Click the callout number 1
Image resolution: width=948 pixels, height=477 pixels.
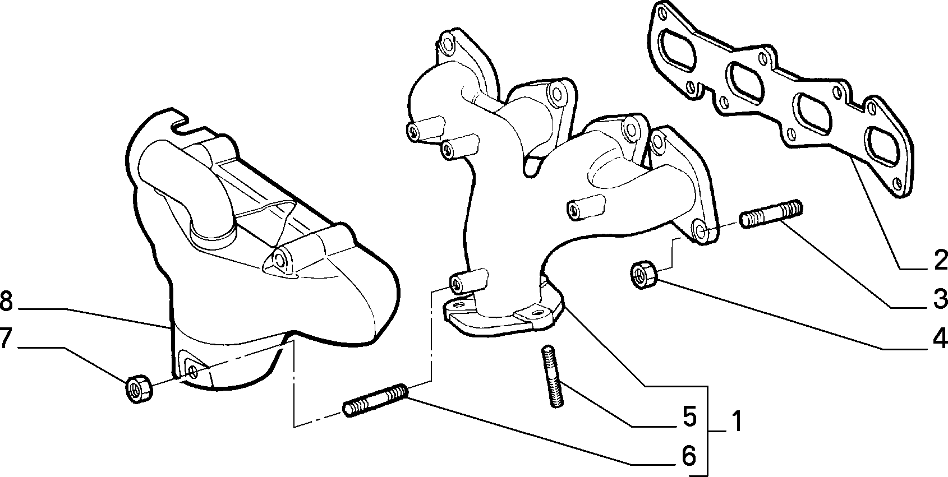click(x=737, y=421)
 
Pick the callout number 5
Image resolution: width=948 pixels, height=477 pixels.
click(x=689, y=416)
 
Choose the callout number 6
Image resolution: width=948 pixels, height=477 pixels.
click(x=689, y=456)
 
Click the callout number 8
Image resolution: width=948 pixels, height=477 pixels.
click(x=6, y=302)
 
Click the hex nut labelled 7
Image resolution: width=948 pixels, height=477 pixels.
click(x=139, y=388)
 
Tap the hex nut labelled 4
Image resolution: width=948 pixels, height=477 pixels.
click(x=643, y=275)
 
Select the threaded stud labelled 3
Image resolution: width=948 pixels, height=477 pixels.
click(x=771, y=214)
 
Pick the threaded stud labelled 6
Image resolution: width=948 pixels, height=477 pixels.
click(x=375, y=400)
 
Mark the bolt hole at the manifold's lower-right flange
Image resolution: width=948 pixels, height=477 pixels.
click(x=700, y=230)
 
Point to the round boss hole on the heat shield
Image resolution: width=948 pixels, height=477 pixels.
click(x=279, y=259)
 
